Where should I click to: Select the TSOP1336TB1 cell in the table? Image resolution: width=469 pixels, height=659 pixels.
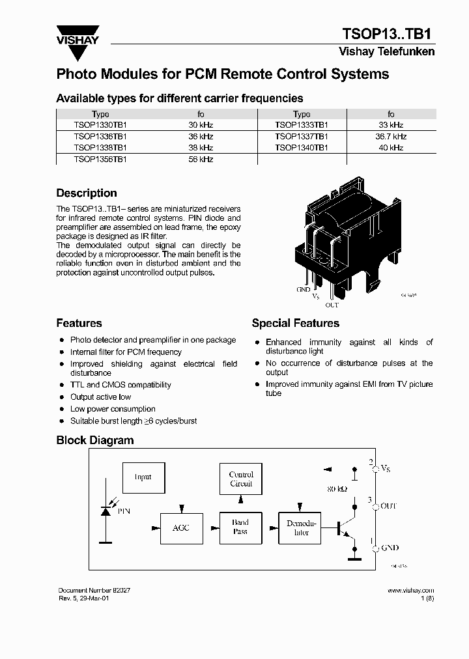pyautogui.click(x=100, y=137)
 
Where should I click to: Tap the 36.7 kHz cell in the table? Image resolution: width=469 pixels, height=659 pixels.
pyautogui.click(x=391, y=137)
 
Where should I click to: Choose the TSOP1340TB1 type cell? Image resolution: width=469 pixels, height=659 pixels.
pyautogui.click(x=302, y=148)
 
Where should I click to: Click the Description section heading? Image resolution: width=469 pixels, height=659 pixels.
pyautogui.click(x=87, y=193)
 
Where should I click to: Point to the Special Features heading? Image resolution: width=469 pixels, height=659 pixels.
pyautogui.click(x=295, y=324)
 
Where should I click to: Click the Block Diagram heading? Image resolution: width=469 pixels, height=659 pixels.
pyautogui.click(x=94, y=440)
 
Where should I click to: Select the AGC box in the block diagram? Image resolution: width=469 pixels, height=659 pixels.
pyautogui.click(x=180, y=527)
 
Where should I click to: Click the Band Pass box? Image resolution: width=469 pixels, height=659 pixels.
pyautogui.click(x=240, y=527)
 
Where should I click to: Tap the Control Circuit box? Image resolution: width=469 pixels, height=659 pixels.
pyautogui.click(x=240, y=479)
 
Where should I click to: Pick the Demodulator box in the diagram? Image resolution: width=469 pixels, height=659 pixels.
pyautogui.click(x=301, y=527)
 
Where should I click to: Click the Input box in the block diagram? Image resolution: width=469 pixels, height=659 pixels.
pyautogui.click(x=143, y=477)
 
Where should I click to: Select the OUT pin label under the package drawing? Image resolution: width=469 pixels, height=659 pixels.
pyautogui.click(x=332, y=305)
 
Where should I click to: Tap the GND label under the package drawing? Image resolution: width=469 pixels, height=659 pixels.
pyautogui.click(x=303, y=290)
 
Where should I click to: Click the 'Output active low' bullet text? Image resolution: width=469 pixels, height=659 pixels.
pyautogui.click(x=101, y=397)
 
